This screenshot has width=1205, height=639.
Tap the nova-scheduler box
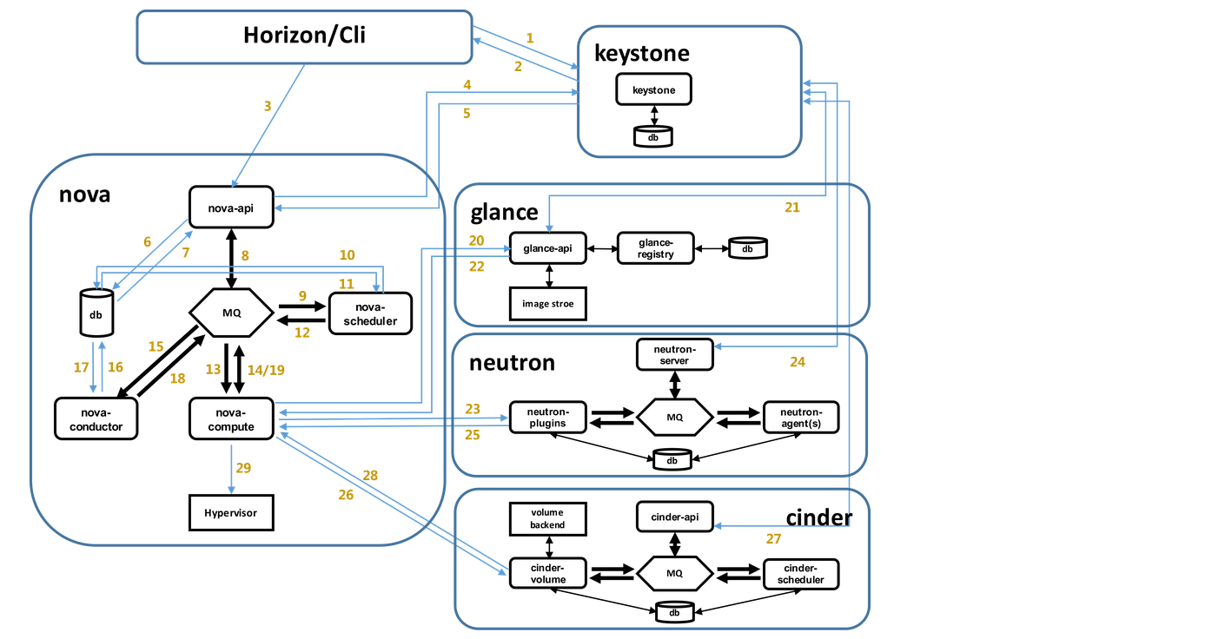(x=369, y=313)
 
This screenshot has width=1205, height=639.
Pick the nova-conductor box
(x=96, y=418)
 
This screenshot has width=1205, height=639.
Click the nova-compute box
(x=232, y=418)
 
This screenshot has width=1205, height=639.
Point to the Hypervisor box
(x=232, y=512)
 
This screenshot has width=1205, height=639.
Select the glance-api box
(x=547, y=248)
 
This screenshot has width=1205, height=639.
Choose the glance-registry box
(x=657, y=248)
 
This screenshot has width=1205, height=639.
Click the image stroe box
(x=547, y=304)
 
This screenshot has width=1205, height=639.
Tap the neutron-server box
(x=674, y=353)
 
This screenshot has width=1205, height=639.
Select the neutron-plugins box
(x=547, y=417)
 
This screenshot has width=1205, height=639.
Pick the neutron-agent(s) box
(x=800, y=417)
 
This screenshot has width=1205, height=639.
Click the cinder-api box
(x=674, y=517)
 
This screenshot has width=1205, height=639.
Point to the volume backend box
(x=547, y=518)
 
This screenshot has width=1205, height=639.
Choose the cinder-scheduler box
(x=800, y=574)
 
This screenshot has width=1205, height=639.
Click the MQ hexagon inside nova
(x=232, y=313)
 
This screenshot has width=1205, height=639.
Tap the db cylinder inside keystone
(x=653, y=136)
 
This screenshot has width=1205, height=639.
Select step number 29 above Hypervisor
(x=243, y=468)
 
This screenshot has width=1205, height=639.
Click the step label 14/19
(x=267, y=369)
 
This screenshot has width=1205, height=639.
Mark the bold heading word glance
(x=505, y=214)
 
